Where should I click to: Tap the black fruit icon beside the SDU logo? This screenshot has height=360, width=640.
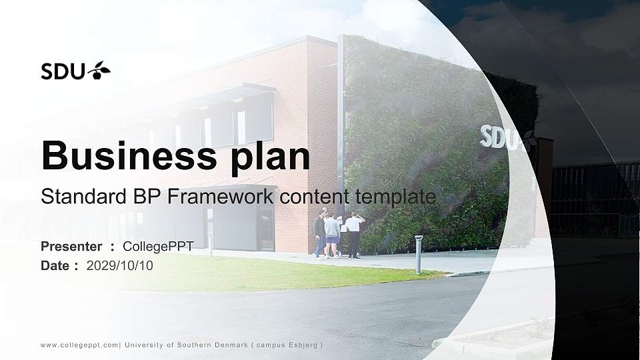[x=100, y=70]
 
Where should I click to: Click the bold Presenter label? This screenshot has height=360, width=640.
[x=71, y=247]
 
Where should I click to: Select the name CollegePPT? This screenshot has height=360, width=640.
[x=158, y=247]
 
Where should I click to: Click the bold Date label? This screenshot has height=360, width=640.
[x=55, y=266]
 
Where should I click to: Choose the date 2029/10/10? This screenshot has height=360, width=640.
[x=120, y=266]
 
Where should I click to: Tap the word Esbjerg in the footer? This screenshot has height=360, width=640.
[x=304, y=345]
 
